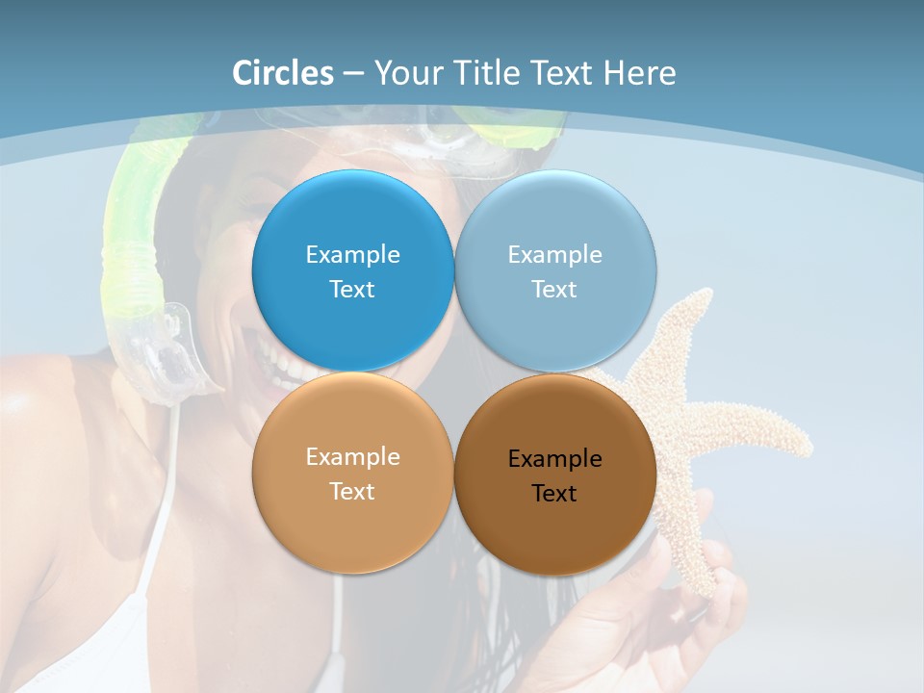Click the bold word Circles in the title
[283, 73]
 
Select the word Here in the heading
[639, 73]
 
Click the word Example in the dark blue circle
[352, 255]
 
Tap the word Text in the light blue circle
[554, 290]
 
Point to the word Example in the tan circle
[352, 457]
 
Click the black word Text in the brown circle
[554, 494]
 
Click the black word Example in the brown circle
[554, 459]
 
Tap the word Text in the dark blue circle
[352, 290]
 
